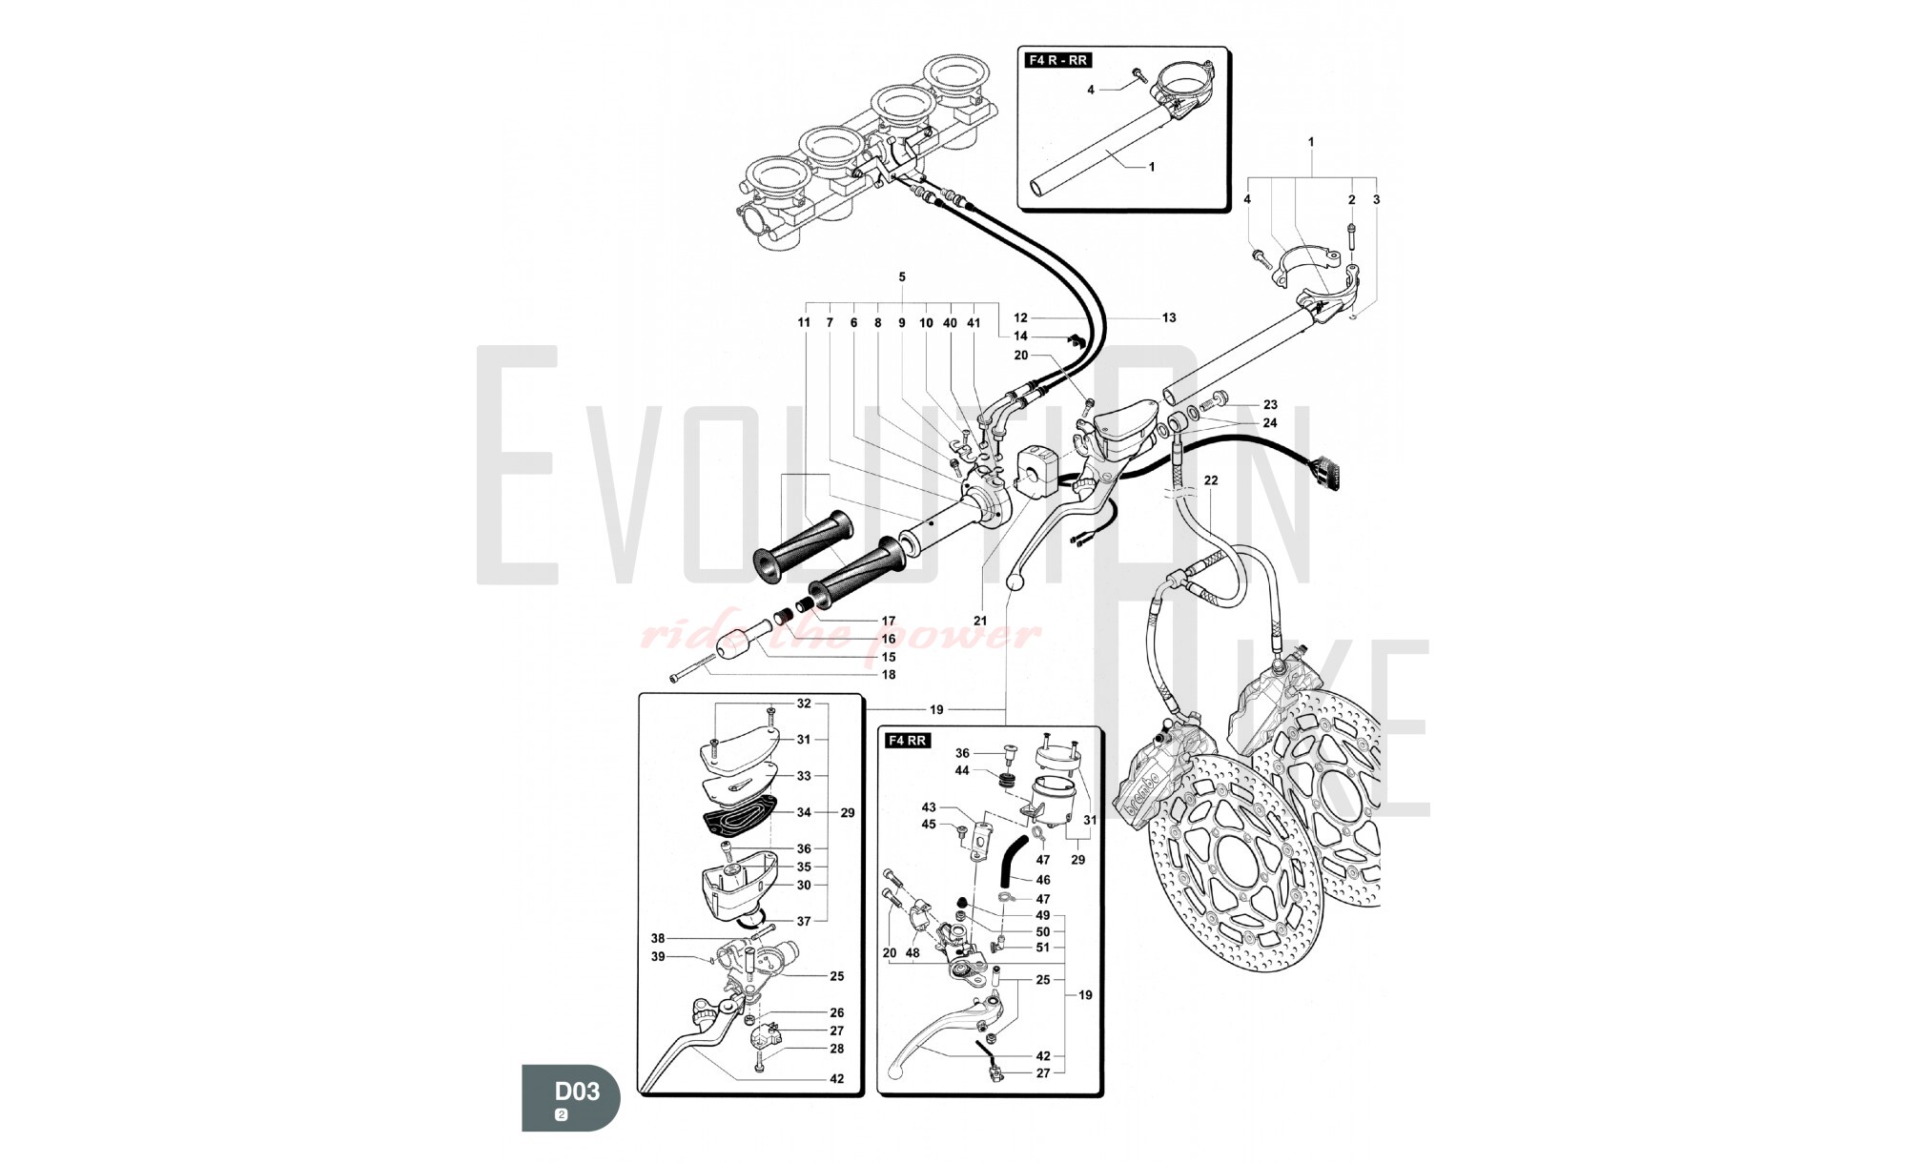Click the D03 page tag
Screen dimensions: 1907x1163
coord(570,1097)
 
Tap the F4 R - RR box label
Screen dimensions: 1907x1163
coord(1057,60)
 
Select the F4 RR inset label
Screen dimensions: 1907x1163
coord(907,741)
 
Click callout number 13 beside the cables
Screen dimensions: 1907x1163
coord(1169,317)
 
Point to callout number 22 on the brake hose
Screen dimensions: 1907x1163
coord(1210,480)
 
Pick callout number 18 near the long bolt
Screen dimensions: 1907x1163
coord(889,675)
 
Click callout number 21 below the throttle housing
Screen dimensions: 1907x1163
coord(980,621)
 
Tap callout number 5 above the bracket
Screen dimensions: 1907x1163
coord(902,277)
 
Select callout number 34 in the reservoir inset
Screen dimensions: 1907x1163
coord(804,812)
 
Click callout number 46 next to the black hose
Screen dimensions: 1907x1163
coord(1043,880)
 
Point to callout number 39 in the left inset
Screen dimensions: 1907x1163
coord(658,956)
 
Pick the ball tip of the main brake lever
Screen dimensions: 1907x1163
coord(1015,578)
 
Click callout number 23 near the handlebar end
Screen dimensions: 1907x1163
coord(1270,404)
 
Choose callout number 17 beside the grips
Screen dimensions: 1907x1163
coord(889,621)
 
